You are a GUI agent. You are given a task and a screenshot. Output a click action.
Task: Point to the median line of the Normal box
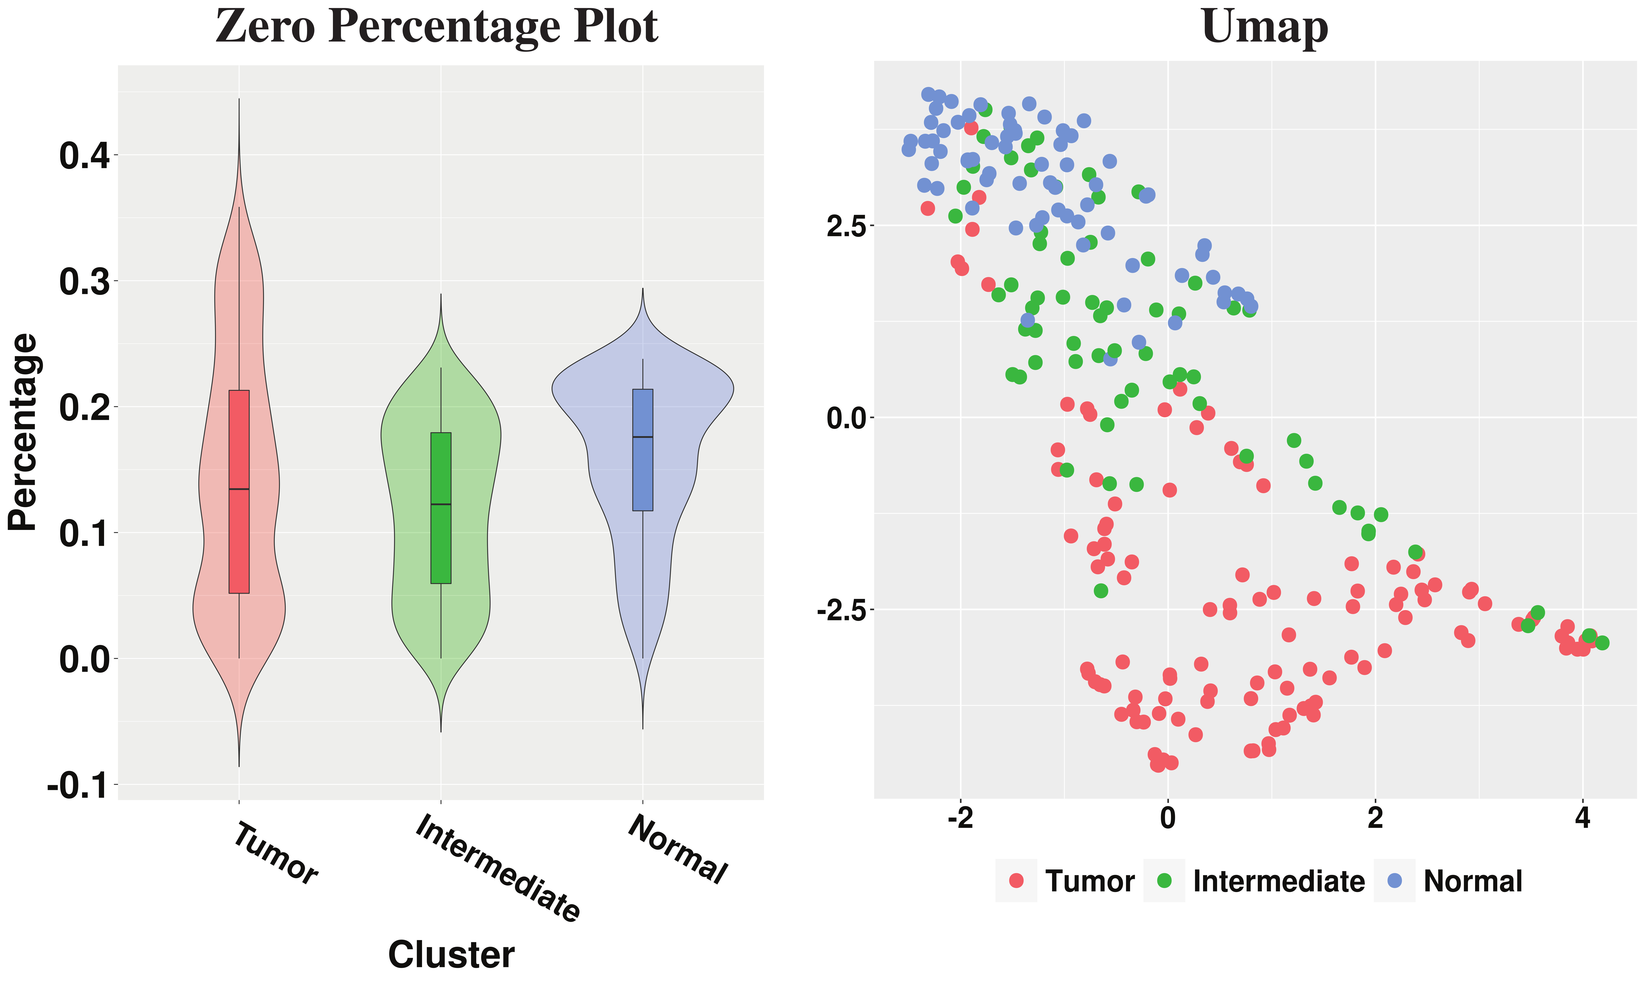click(x=642, y=437)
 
